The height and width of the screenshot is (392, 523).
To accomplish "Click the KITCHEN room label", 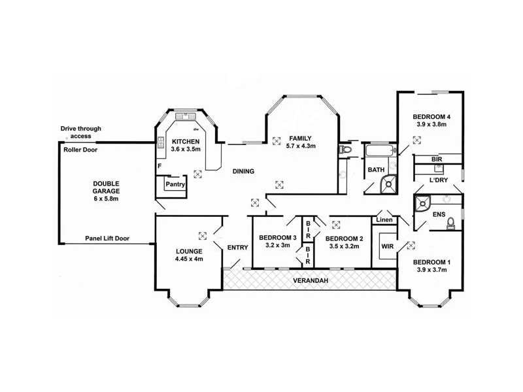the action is point(186,142).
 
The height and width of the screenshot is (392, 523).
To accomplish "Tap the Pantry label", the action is point(175,184).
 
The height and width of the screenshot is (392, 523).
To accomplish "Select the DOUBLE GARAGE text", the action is point(106,188).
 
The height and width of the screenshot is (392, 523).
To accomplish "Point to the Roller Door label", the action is point(80,150).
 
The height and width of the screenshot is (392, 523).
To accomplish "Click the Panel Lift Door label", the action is point(107,238).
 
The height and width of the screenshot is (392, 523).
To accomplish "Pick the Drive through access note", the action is point(80,133).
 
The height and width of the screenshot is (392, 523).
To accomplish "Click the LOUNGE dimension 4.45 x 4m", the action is point(189,259).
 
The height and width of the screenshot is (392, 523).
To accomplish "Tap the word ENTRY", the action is point(238,248).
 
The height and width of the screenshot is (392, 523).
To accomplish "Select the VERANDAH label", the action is point(311,281).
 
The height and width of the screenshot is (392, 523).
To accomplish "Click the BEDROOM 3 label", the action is point(277,238).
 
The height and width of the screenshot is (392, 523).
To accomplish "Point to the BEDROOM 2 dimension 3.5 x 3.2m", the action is point(345,246).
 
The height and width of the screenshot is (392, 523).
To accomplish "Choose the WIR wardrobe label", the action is point(387,246).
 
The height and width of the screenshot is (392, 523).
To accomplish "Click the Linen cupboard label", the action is point(384,220).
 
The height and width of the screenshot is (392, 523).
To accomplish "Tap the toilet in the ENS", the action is point(451,223).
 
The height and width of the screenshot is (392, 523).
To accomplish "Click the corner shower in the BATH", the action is point(388,184).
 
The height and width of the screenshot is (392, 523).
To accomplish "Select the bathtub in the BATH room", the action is point(380,150).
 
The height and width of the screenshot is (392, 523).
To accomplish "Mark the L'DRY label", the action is point(439,180).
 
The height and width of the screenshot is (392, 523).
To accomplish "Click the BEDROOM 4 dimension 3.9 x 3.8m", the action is point(431,124).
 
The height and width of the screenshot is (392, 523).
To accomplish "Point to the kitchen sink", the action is point(185,116).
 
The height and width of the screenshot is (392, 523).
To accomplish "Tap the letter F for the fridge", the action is point(160,166).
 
